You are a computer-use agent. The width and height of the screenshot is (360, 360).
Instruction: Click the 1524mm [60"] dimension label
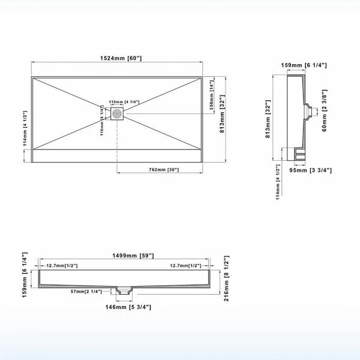(121, 58)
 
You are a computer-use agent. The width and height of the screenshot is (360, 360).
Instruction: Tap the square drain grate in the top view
(117, 113)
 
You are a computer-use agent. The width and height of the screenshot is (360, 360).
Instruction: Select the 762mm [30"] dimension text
(164, 170)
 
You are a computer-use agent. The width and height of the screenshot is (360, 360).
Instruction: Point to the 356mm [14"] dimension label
(212, 95)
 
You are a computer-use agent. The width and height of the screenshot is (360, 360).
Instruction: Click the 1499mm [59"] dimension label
(133, 256)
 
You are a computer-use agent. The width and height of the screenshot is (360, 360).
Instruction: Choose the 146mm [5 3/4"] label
(128, 307)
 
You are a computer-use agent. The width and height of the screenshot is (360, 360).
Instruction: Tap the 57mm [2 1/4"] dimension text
(86, 292)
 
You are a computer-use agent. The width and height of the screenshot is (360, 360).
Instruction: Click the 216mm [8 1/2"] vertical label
(226, 278)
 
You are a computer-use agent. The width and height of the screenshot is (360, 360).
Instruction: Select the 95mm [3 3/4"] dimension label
(310, 170)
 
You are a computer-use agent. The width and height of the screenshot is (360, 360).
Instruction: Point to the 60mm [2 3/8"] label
(324, 110)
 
